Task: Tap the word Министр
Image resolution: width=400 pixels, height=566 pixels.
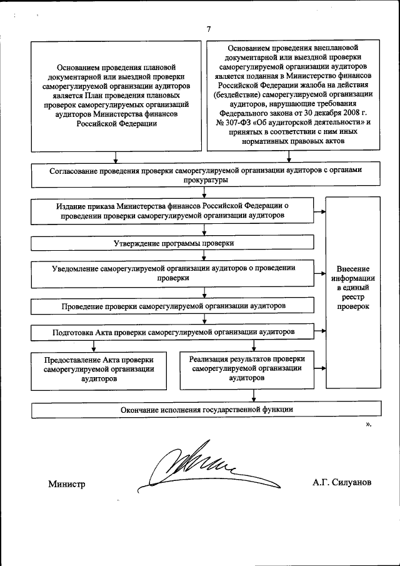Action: pos(66,485)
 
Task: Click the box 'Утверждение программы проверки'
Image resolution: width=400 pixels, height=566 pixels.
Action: pos(173,243)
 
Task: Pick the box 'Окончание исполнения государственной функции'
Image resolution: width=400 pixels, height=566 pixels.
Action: pos(207,410)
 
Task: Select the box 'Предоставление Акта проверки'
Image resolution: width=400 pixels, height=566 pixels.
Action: pos(99,369)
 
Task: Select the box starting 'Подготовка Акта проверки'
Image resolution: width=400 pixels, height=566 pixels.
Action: pos(173,330)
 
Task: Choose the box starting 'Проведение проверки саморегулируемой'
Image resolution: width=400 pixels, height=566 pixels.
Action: pos(173,307)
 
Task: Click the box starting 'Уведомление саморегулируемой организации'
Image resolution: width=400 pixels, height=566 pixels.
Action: pos(173,272)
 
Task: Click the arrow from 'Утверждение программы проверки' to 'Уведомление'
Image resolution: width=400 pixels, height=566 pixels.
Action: pos(204,255)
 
